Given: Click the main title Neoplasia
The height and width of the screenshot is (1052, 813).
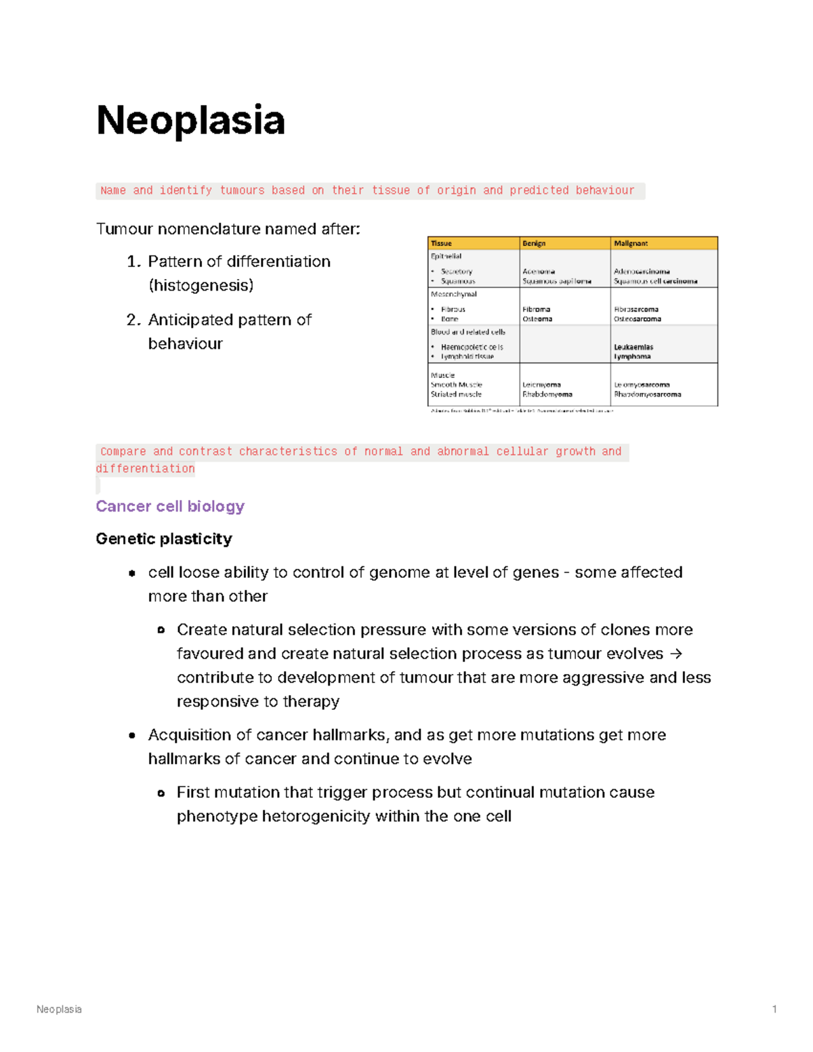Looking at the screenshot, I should [190, 121].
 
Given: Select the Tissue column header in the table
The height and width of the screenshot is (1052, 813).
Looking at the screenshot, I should [441, 243].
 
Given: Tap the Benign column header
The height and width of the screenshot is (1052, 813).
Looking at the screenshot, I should [534, 243].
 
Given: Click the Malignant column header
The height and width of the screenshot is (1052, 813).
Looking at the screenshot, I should [631, 243].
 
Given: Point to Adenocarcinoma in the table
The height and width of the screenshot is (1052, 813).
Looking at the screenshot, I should [642, 272].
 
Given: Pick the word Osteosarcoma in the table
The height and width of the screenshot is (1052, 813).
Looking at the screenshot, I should [638, 319].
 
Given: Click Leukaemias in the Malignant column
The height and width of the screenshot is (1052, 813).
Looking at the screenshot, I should [633, 347].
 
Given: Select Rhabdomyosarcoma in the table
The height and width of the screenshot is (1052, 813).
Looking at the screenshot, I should [648, 394].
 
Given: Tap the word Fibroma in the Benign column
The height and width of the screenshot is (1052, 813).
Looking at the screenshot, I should [536, 310].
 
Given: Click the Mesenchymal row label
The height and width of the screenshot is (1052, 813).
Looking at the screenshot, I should [454, 295].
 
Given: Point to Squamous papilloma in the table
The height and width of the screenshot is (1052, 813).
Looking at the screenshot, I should [556, 281].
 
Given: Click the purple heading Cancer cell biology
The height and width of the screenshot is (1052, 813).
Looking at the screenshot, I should [170, 506].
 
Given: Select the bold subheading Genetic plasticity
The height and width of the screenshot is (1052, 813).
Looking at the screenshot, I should [164, 539].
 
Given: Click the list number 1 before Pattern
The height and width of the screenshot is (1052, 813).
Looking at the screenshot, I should [133, 261].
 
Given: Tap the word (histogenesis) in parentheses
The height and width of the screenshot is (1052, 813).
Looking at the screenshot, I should [201, 285].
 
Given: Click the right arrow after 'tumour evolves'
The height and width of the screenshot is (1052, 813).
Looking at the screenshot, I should [675, 654].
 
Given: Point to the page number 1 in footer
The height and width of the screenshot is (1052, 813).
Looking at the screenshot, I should [774, 1009].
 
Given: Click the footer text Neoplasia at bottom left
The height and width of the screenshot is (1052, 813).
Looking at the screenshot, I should [59, 1009].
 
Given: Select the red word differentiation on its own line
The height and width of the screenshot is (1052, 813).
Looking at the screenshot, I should [145, 469].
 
